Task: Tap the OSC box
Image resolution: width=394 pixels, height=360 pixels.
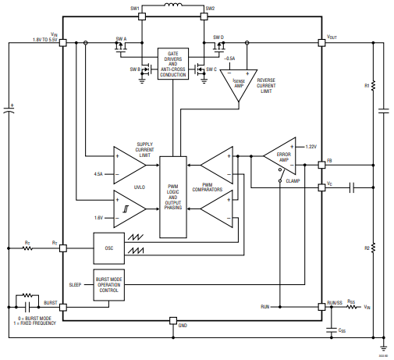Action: [110, 248]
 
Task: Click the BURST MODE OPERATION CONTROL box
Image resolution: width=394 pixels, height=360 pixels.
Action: [109, 284]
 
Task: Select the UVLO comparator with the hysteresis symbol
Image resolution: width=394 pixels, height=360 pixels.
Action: [129, 206]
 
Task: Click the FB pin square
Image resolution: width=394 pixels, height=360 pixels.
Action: [322, 166]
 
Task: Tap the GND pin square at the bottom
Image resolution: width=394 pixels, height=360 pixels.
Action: [172, 321]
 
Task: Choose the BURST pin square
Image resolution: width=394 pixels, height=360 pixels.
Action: [64, 307]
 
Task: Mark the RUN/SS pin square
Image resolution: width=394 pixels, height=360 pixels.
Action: [322, 307]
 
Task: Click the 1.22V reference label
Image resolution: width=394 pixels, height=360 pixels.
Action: [311, 147]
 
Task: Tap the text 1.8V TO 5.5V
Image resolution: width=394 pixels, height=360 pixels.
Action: [44, 39]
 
